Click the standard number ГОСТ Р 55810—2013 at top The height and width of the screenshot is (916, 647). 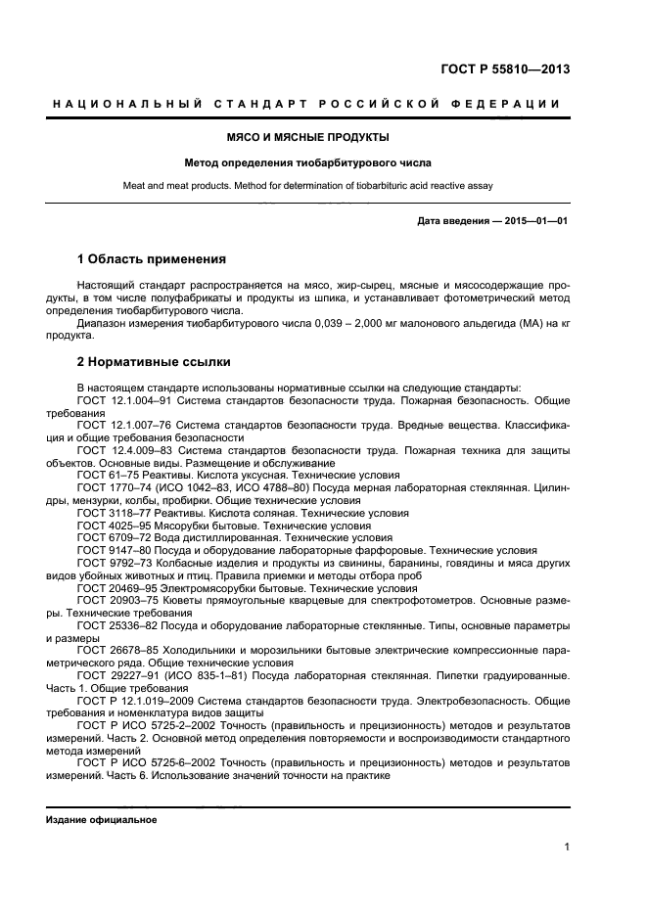point(504,69)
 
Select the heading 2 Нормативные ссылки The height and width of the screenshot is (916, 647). point(154,361)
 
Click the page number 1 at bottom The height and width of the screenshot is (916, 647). point(567,847)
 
